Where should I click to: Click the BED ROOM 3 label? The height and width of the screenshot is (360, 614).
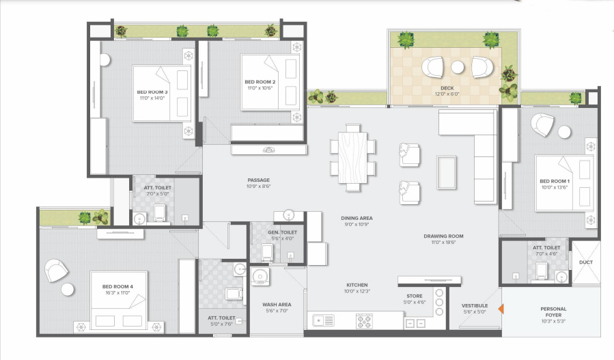tap(152, 92)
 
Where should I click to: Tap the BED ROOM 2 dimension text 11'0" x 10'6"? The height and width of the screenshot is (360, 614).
tap(260, 87)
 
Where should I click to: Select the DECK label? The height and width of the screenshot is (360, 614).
tap(447, 88)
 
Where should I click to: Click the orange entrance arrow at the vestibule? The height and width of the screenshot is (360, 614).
tap(501, 309)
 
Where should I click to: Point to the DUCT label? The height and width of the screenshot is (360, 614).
tap(585, 262)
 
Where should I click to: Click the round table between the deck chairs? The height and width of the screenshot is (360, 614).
tap(458, 67)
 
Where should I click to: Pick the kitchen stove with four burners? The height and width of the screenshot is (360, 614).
tap(363, 319)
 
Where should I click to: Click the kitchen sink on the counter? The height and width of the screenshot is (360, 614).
tap(323, 319)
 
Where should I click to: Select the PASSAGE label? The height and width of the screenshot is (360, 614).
tap(259, 180)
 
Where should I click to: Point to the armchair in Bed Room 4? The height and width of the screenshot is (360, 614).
tap(57, 271)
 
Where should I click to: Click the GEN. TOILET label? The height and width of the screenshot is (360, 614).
tap(282, 232)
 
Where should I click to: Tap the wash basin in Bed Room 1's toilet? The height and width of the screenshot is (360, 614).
tap(561, 277)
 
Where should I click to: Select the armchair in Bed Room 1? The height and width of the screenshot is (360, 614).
tap(544, 124)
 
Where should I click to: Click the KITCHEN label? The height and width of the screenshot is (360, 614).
tap(357, 285)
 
